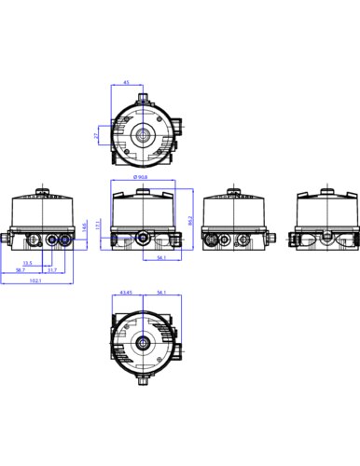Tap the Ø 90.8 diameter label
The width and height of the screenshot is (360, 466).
point(142,176)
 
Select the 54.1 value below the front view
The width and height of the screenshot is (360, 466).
point(161,257)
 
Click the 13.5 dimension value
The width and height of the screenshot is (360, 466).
point(29,263)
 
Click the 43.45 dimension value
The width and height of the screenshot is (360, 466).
point(128,295)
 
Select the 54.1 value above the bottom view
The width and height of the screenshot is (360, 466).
point(161,295)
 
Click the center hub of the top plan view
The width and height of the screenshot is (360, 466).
point(142,135)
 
